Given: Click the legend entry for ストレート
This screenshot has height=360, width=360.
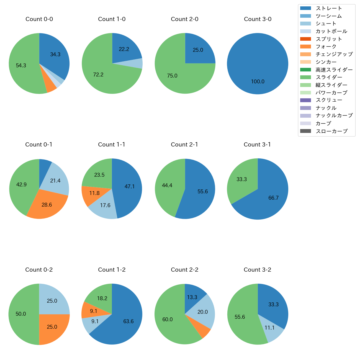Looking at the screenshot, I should (329, 8).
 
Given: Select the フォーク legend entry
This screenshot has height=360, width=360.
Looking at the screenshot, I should (326, 47).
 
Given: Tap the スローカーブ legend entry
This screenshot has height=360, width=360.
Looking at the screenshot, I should (331, 131).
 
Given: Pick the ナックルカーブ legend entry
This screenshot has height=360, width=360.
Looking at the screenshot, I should (334, 116).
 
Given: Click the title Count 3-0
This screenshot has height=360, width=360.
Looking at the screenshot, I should (258, 19).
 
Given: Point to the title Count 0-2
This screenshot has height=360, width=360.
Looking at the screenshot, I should (39, 270).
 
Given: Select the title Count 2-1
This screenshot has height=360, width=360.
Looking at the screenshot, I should (184, 145).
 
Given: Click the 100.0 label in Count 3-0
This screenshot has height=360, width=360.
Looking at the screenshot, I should (258, 82).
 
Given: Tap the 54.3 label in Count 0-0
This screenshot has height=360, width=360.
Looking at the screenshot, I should (21, 66).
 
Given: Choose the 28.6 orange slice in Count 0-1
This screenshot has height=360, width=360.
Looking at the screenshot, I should (47, 205).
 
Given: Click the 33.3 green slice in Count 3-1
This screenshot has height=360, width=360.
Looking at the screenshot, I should (241, 179).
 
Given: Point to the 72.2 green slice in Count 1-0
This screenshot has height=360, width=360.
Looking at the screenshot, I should (98, 75).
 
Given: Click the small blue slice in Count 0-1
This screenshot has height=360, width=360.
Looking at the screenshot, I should (44, 169).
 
